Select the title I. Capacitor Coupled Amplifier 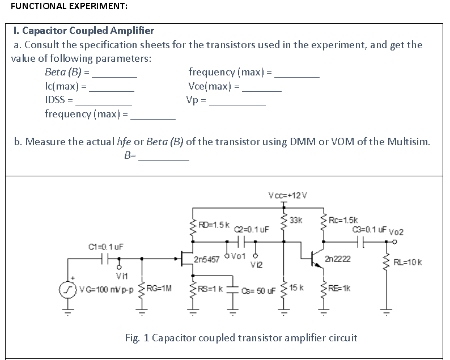click(83, 31)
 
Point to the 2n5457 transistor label click(207, 259)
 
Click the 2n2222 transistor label click(338, 259)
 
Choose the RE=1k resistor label click(342, 288)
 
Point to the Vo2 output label click(396, 231)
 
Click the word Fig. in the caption click(134, 338)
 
